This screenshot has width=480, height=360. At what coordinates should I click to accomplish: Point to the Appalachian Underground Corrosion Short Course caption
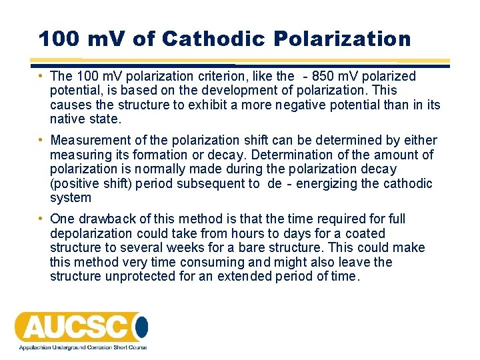[x=82, y=347]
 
